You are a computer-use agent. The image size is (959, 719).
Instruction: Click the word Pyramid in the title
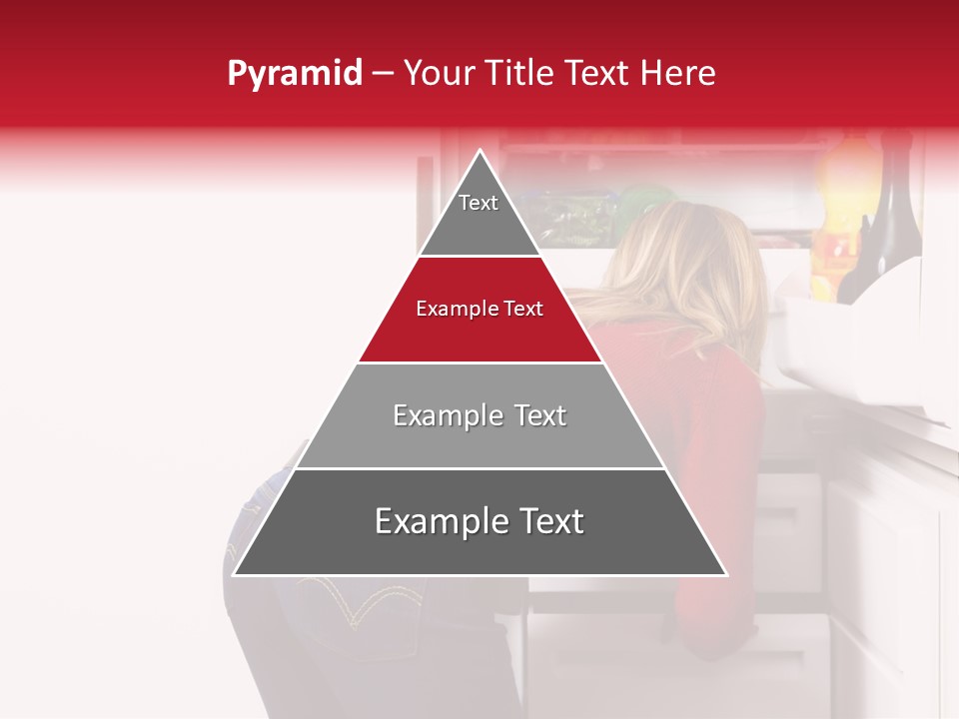[295, 74]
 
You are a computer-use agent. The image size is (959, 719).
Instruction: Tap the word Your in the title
[440, 74]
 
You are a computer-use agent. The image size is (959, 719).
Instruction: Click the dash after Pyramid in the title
[383, 74]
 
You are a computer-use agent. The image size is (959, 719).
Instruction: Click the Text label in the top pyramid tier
[479, 203]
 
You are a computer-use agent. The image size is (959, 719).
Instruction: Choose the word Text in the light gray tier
[535, 415]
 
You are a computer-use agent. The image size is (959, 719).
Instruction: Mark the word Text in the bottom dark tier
[549, 521]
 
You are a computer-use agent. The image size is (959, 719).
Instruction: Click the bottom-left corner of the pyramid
[234, 574]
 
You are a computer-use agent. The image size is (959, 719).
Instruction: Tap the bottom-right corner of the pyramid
[726, 574]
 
